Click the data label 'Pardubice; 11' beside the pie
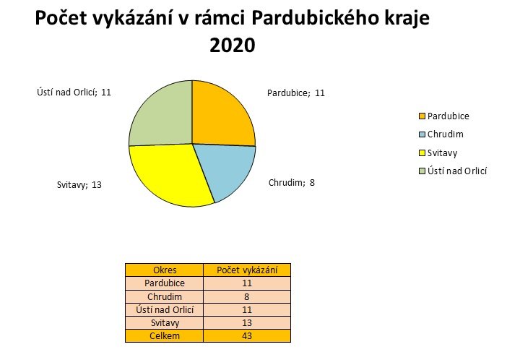pos(296,93)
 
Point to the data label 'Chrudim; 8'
pos(292,183)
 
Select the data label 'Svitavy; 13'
pos(79,185)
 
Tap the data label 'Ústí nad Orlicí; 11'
pos(74,93)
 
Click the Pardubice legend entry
pos(444,116)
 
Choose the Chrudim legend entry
pos(441,134)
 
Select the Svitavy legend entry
pos(438,153)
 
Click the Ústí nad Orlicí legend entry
pos(453,171)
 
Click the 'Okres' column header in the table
pos(165,270)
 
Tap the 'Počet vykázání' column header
pos(247,270)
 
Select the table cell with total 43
pos(247,335)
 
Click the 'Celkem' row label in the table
pos(165,335)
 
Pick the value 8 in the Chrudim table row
pos(247,296)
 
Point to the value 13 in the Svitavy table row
pos(247,322)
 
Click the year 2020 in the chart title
pos(233,45)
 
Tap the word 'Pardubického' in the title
pos(315,18)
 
